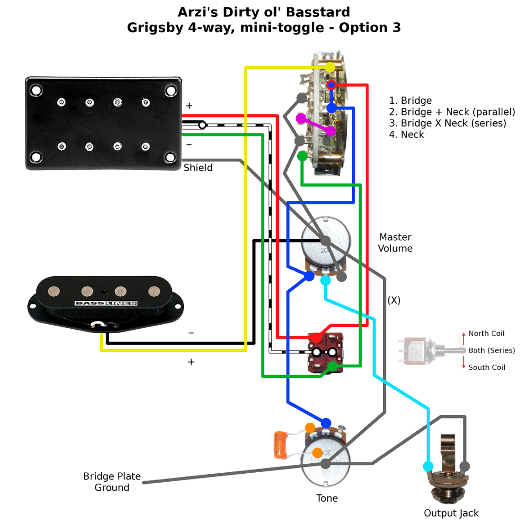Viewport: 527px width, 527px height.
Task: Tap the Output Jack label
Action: pyautogui.click(x=451, y=513)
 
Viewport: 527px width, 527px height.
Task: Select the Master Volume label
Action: pyautogui.click(x=395, y=243)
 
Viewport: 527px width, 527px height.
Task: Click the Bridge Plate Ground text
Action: pyautogui.click(x=112, y=482)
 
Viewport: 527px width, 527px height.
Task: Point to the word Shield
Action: pyautogui.click(x=198, y=168)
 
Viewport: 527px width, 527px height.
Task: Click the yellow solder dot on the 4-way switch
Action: pyautogui.click(x=330, y=68)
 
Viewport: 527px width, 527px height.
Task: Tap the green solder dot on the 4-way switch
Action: pyautogui.click(x=302, y=156)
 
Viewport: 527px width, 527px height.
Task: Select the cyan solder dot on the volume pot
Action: pyautogui.click(x=326, y=280)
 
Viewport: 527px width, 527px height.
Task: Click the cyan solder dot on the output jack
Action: pyautogui.click(x=428, y=466)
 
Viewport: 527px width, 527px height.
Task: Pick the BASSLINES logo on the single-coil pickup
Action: pyautogui.click(x=106, y=304)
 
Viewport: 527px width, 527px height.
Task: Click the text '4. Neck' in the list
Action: pyautogui.click(x=406, y=134)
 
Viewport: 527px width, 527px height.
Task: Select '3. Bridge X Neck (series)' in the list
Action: pyautogui.click(x=447, y=123)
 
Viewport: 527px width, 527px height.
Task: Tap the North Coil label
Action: pyautogui.click(x=486, y=334)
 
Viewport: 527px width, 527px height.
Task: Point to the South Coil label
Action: pyautogui.click(x=486, y=367)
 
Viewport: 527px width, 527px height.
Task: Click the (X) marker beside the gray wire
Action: pyautogui.click(x=394, y=300)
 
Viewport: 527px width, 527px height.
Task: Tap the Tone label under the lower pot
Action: pyautogui.click(x=327, y=498)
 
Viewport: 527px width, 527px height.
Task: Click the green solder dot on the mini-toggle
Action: pyautogui.click(x=333, y=366)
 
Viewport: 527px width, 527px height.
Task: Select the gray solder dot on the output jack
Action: pyautogui.click(x=464, y=466)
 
